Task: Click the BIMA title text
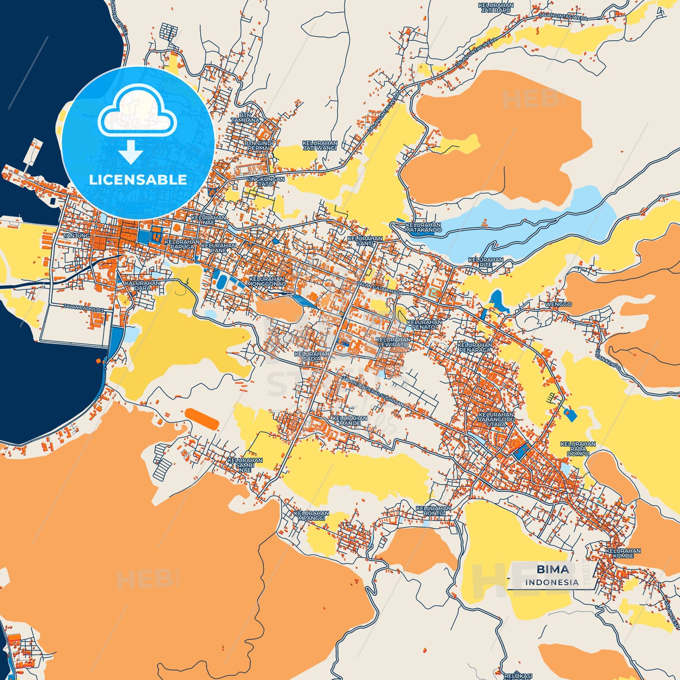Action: tap(552, 569)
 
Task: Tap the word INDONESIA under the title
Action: tap(552, 583)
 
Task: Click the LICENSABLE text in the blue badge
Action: tap(138, 180)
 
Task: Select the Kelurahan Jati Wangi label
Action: tap(320, 145)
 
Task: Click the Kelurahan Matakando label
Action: tap(424, 228)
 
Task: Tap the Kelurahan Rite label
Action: tap(486, 262)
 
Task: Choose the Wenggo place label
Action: tap(558, 304)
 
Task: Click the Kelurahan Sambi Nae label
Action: tap(245, 465)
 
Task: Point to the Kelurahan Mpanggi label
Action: tap(311, 515)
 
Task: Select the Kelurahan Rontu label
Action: tap(433, 511)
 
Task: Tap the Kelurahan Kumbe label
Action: tap(623, 553)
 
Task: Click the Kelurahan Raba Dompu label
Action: tap(578, 449)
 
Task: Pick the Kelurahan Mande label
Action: tap(350, 420)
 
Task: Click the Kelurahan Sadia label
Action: tap(312, 356)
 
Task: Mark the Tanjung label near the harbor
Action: tap(76, 235)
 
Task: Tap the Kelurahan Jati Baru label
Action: tap(496, 8)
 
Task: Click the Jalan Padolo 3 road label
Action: tap(83, 307)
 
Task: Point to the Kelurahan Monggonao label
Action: tap(267, 281)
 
